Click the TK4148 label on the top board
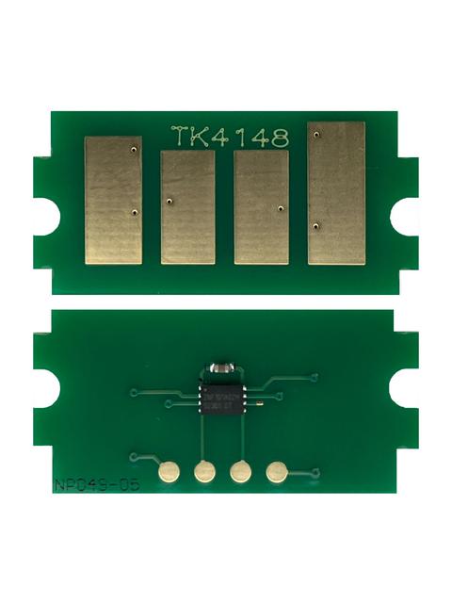click(x=229, y=137)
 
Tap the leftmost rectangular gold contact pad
click(x=113, y=199)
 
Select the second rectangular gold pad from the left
click(x=187, y=207)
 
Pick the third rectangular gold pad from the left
click(x=261, y=207)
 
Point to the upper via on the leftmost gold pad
click(x=136, y=149)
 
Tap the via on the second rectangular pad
click(x=168, y=201)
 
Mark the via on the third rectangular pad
click(x=281, y=207)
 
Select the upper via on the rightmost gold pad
click(x=316, y=136)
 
